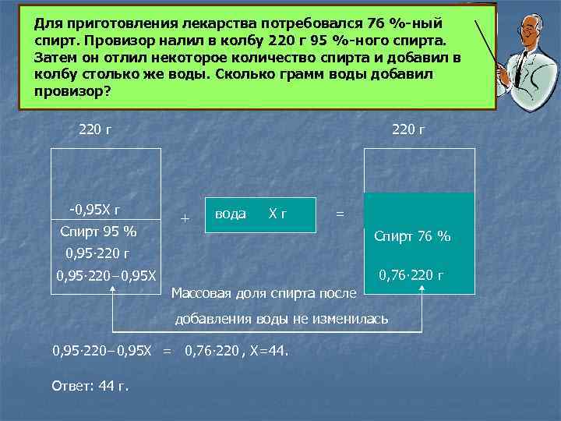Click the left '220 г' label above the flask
tap(94, 129)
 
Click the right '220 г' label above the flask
tap(408, 129)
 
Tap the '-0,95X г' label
tap(94, 209)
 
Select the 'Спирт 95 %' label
tap(98, 232)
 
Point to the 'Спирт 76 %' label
tap(412, 236)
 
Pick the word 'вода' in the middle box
tap(230, 214)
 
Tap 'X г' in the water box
tap(277, 214)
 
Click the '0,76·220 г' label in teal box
tap(411, 274)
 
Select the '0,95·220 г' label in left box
tap(97, 253)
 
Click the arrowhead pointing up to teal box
tap(422, 289)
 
